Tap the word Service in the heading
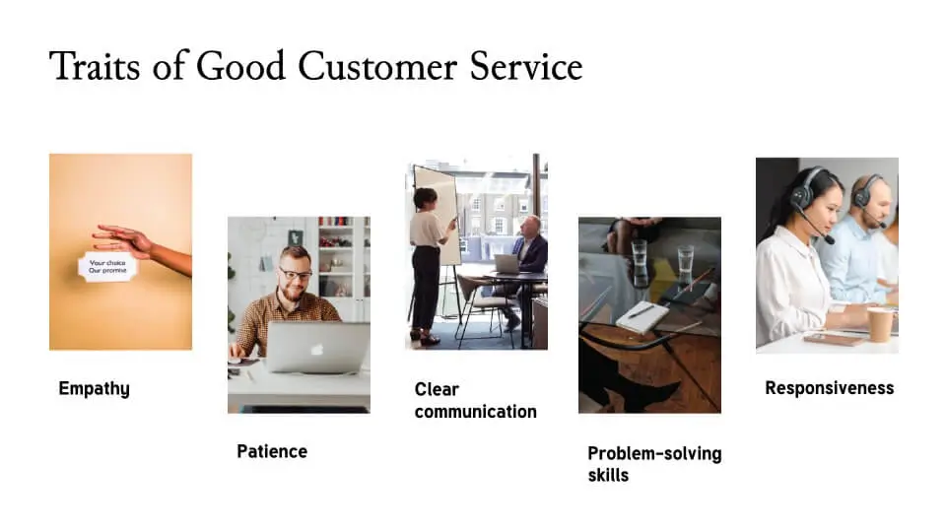(x=529, y=66)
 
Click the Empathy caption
(x=94, y=388)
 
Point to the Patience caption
(x=272, y=451)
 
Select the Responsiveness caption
(x=829, y=388)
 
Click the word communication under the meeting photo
(x=475, y=412)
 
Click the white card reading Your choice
(x=107, y=266)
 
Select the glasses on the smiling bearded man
(x=294, y=272)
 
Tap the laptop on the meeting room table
(x=507, y=263)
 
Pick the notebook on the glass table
(x=642, y=315)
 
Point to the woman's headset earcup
(x=803, y=195)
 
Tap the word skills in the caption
(x=608, y=475)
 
